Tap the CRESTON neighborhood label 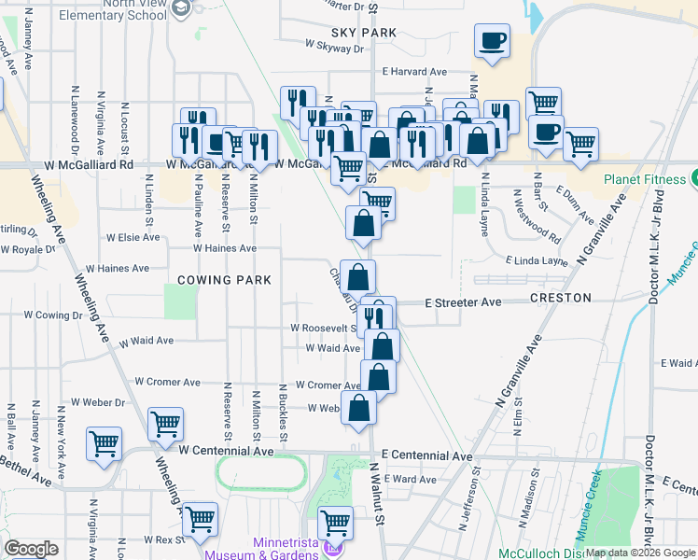click(x=560, y=298)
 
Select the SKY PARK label click(x=338, y=33)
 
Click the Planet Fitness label click(x=644, y=180)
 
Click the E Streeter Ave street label click(x=464, y=302)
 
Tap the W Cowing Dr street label click(x=52, y=315)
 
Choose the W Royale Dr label click(x=29, y=250)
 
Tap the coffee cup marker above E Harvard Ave click(x=492, y=41)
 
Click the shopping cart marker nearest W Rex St click(x=200, y=519)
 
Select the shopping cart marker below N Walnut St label click(x=335, y=522)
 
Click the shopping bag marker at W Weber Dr click(x=359, y=408)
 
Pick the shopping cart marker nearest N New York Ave click(x=104, y=442)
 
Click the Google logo click(x=31, y=549)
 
